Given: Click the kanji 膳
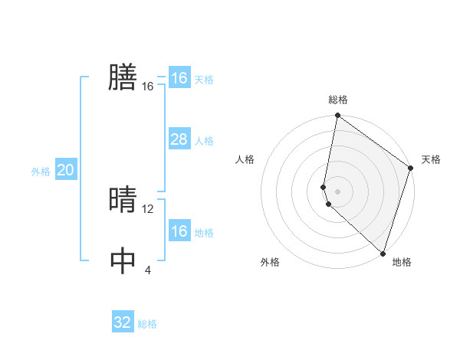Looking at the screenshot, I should coord(123,77).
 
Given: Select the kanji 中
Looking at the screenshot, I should coord(123,260).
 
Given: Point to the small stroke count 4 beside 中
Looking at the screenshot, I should coord(147,270).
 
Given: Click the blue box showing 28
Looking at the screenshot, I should coord(179,139).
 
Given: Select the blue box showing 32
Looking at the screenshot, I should coord(123,322).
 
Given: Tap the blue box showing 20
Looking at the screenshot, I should coord(65,170).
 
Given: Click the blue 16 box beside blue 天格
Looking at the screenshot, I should coord(179,78).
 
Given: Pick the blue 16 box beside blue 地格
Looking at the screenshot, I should coord(179,231).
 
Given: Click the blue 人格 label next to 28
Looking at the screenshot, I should coord(204,141).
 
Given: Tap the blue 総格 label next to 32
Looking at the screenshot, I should coord(147,324).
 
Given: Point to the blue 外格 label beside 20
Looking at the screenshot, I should coord(41,172).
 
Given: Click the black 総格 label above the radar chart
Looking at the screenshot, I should coord(338,100).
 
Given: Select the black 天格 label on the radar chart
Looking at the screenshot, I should coord(431,159).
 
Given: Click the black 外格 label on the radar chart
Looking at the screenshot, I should coord(270,262).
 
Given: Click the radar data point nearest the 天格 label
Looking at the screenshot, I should coord(411,169).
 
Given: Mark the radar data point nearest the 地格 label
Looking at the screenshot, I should coord(383,253).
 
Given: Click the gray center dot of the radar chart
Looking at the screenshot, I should coord(338,191).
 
